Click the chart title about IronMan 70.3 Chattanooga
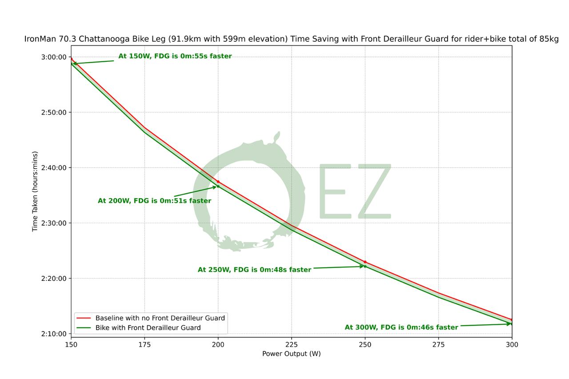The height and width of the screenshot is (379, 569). (x=291, y=39)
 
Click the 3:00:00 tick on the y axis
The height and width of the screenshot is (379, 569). (x=53, y=57)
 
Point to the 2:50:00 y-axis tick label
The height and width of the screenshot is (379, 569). (x=53, y=112)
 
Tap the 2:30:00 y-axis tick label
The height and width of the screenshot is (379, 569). (x=53, y=223)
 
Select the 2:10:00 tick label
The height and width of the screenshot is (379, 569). (x=53, y=334)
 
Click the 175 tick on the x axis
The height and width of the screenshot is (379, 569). (x=144, y=344)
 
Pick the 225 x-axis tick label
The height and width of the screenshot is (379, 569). (x=291, y=344)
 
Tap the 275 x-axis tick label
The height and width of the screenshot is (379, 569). (x=438, y=344)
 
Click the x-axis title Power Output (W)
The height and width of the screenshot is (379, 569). (x=291, y=354)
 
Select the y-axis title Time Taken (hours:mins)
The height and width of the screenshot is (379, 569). (x=35, y=191)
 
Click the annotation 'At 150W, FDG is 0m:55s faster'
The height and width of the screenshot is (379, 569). (x=175, y=56)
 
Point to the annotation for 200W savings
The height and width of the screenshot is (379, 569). (x=154, y=201)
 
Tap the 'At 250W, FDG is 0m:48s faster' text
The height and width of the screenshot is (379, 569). (x=254, y=270)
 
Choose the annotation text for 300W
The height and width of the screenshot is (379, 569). (x=401, y=327)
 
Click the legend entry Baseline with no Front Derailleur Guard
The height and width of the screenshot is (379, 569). (x=160, y=318)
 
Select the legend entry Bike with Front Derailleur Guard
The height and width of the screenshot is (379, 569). (x=148, y=328)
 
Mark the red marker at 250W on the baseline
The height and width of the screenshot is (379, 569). (x=365, y=262)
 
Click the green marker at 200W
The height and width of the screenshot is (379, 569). (x=218, y=186)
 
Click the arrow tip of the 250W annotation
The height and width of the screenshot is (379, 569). (x=364, y=266)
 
